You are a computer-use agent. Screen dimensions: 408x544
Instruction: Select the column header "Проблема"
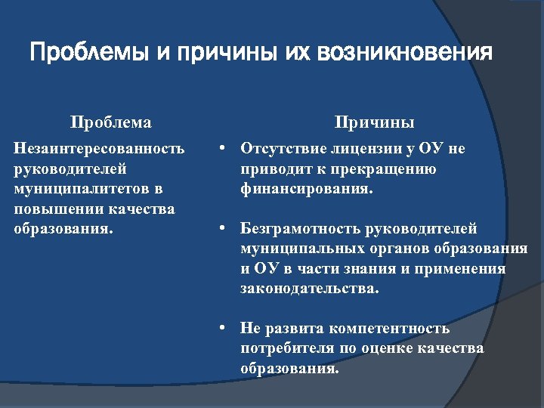coord(110,122)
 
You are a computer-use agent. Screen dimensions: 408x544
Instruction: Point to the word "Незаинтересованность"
coord(99,149)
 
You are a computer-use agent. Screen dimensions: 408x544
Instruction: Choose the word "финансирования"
coord(304,189)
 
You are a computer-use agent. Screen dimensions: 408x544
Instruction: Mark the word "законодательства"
coord(308,289)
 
